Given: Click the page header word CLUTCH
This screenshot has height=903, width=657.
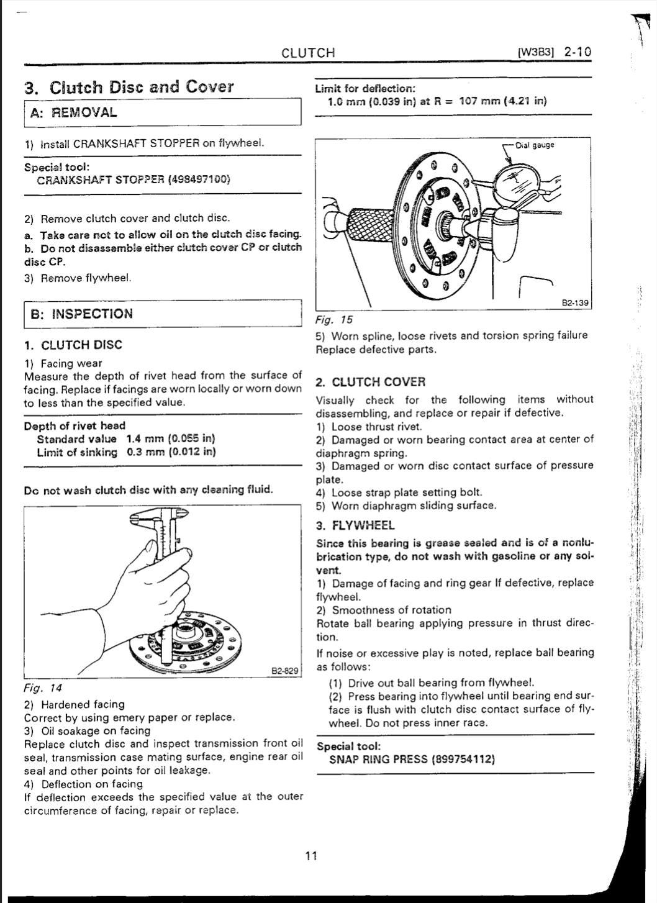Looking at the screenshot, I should coord(308,53).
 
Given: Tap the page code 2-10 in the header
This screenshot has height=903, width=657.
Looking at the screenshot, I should coord(577,52).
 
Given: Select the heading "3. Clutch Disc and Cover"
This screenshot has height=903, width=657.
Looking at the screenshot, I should coord(129,87).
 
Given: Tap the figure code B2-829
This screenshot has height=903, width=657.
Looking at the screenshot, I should coord(286,671).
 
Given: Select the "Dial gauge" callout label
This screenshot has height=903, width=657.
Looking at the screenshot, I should coord(535,145).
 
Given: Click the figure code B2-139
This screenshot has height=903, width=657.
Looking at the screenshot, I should coord(574,303).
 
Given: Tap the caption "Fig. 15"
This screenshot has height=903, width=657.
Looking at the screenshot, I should coord(334,320).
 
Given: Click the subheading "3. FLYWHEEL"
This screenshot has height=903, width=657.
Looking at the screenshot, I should coord(355,525).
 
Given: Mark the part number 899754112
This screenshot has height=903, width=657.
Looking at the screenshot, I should coord(463,759).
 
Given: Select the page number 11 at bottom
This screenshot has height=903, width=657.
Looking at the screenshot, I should coord(311,856).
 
